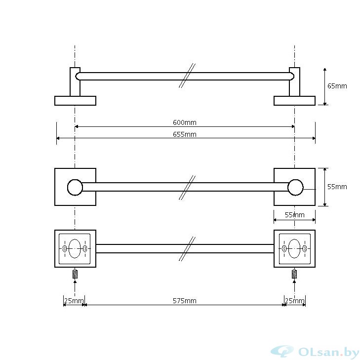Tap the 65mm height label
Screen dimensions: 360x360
[x=337, y=86]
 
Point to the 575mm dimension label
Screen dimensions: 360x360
[x=185, y=301]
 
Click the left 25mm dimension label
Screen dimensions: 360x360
[x=74, y=301]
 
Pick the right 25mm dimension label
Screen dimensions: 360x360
[x=294, y=301]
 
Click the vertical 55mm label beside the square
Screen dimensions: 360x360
[x=337, y=187]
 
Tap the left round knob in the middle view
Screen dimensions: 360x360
[x=75, y=187]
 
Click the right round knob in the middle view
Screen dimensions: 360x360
[x=295, y=187]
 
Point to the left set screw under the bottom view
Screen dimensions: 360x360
[x=75, y=274]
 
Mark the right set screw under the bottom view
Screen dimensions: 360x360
[x=295, y=274]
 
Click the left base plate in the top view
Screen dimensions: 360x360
[x=75, y=101]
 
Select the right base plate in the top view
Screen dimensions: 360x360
[x=295, y=101]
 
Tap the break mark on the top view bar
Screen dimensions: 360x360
[x=187, y=76]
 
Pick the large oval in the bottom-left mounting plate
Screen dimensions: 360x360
[x=75, y=248]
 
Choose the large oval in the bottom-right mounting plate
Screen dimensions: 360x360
[x=295, y=248]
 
